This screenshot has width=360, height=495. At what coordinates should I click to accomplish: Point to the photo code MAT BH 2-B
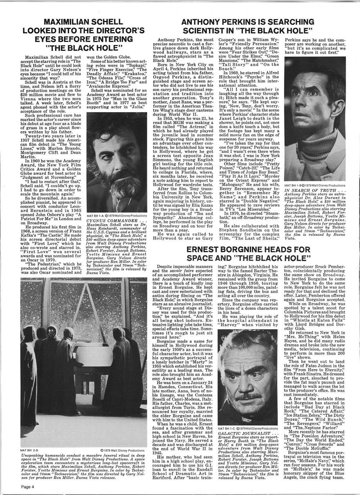[x=28, y=450]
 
